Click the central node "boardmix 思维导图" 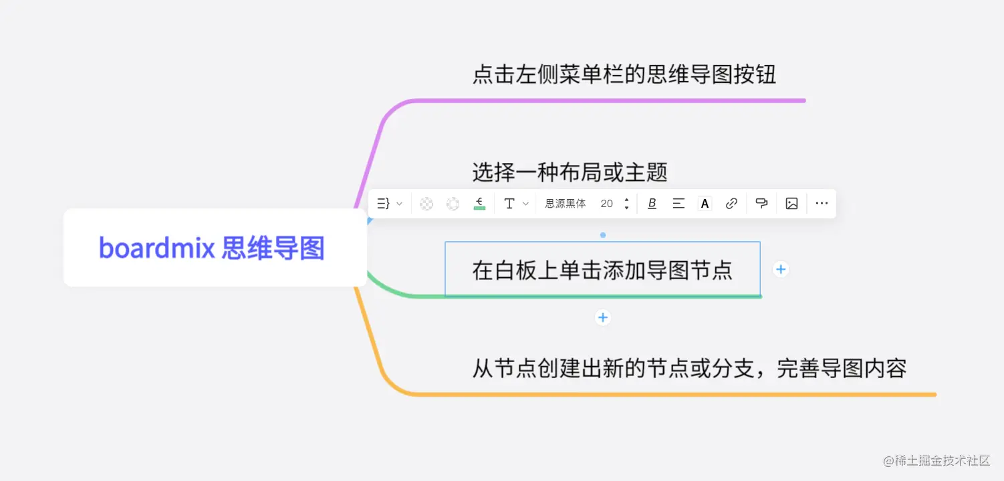[x=212, y=248]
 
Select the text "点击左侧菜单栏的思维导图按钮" [x=624, y=75]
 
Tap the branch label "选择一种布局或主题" [x=570, y=172]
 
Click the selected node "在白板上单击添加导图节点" [x=602, y=270]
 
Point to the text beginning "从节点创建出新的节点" [x=689, y=368]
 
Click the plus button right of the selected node [x=781, y=269]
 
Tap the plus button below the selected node [x=603, y=317]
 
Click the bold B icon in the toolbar [x=652, y=204]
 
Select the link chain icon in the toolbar [x=731, y=204]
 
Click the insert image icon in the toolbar [x=791, y=204]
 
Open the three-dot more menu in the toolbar [x=822, y=204]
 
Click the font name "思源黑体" [x=566, y=204]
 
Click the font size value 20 [x=607, y=204]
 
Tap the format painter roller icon [x=761, y=204]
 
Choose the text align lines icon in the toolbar [x=678, y=204]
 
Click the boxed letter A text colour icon [x=705, y=204]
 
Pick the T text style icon [x=509, y=204]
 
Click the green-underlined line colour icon [x=479, y=204]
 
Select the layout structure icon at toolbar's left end [x=384, y=204]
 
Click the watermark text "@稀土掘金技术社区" [x=936, y=460]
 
